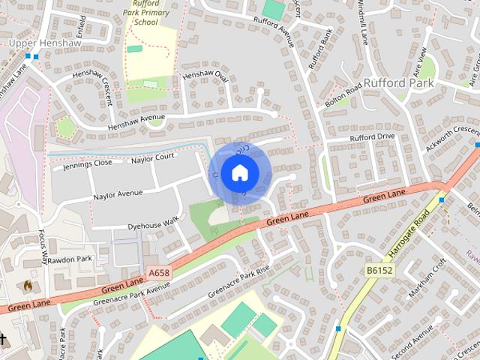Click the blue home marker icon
[239, 172]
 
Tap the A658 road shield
[160, 273]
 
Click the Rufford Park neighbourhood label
[400, 82]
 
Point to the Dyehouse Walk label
[153, 222]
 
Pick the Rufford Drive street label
[371, 138]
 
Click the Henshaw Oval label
[205, 76]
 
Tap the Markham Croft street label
[428, 274]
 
